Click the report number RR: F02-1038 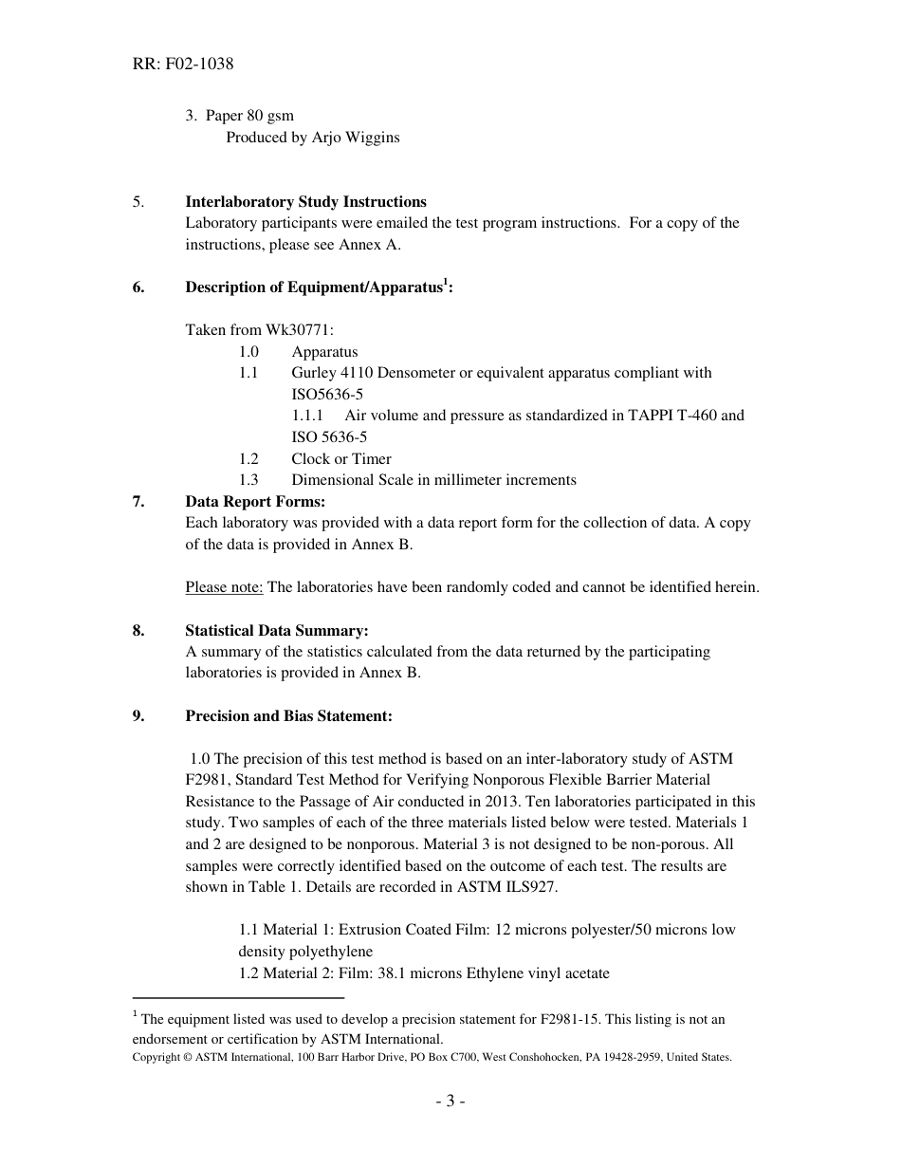(x=183, y=65)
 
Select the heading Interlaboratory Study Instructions (x=305, y=202)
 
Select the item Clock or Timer (x=340, y=459)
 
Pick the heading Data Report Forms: (x=254, y=502)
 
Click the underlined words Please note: (x=224, y=587)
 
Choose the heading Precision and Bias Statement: (x=288, y=716)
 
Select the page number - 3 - (x=450, y=1102)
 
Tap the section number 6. (x=138, y=287)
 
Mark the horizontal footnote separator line (x=238, y=998)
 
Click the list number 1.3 (x=248, y=480)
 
